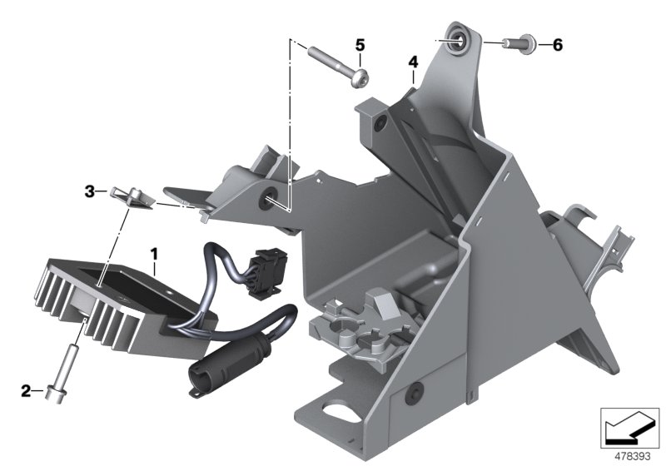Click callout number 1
152,250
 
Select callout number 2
26,389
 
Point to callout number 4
412,62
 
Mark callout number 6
557,44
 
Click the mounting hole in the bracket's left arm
271,199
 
